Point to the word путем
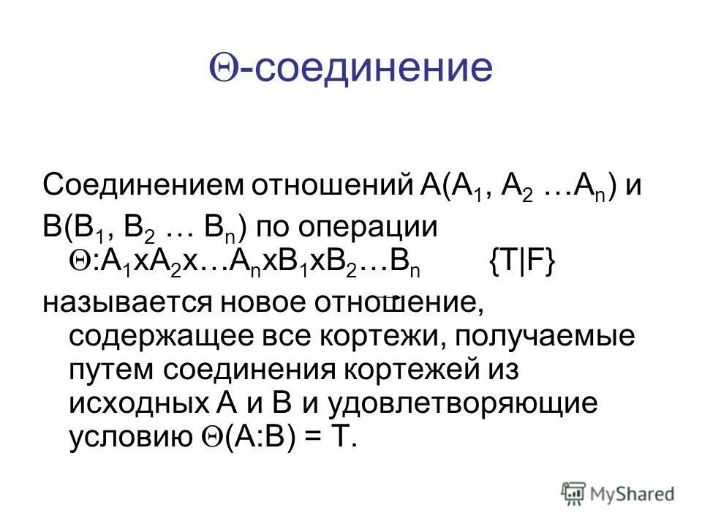click(x=110, y=370)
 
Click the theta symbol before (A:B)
click(x=208, y=437)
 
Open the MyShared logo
click(x=618, y=493)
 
